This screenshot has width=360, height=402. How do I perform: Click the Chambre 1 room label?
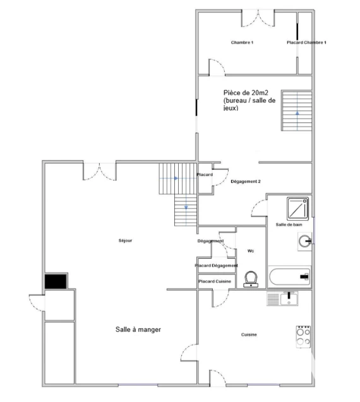tap(242, 42)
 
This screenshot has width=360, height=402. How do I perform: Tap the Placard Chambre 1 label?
tap(306, 42)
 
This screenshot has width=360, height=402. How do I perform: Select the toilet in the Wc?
tap(251, 279)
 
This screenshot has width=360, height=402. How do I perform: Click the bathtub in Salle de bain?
tap(289, 276)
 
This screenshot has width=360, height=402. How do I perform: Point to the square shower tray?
tap(297, 208)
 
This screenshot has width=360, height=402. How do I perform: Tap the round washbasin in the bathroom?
tap(305, 241)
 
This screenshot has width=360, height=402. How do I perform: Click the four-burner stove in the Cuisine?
tap(303, 336)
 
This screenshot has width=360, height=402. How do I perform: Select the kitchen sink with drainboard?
tap(282, 299)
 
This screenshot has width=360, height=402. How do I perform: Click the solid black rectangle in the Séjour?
tap(56, 281)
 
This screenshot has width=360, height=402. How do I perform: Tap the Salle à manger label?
tap(138, 329)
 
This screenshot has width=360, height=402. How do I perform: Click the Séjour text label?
tap(125, 240)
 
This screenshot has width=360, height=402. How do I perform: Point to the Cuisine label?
tap(249, 334)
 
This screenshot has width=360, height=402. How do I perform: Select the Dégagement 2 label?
tap(246, 182)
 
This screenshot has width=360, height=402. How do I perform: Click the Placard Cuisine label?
tap(215, 281)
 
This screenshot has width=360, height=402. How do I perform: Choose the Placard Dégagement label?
tap(216, 266)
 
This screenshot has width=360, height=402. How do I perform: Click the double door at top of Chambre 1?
tap(258, 18)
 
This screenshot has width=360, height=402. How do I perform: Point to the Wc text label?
tap(251, 251)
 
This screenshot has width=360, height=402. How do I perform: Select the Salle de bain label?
tap(289, 225)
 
